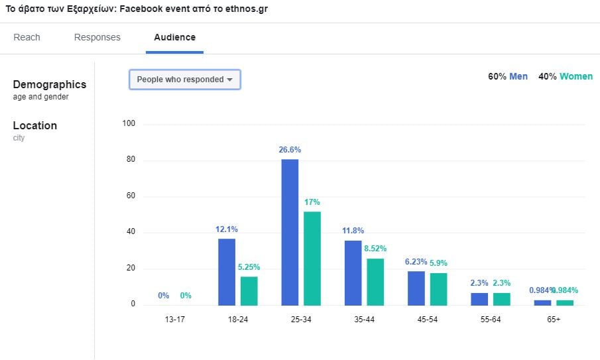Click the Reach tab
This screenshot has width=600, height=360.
pos(27,37)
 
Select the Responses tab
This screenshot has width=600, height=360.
pos(97,37)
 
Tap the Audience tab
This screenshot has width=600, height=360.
pos(174,37)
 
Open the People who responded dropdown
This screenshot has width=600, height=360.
pos(184,80)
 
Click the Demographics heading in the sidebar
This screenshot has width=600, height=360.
pos(50,85)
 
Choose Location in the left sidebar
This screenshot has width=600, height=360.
pos(35,126)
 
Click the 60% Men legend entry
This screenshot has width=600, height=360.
pos(508,76)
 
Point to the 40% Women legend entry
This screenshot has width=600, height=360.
pos(566,76)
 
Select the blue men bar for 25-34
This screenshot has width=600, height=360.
pos(290,232)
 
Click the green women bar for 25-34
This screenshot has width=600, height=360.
pos(312,259)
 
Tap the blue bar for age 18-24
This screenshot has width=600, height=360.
pos(227,272)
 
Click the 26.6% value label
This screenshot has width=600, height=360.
pos(290,150)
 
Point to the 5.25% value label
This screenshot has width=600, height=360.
pos(249,267)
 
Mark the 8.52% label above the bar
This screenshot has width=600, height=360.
pos(375,249)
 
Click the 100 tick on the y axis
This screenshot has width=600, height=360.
pos(129,124)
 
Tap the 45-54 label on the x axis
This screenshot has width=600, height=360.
pos(428,319)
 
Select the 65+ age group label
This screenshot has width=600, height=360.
pos(554,319)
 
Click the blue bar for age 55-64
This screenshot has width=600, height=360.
pos(479,299)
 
